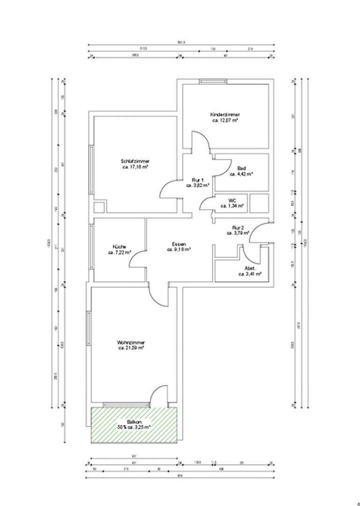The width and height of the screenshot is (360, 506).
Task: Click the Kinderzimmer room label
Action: tap(225, 114)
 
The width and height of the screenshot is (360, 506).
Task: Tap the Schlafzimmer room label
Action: tap(135, 162)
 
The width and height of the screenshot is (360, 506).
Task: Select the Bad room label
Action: tap(242, 169)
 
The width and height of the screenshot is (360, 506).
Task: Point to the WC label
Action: tap(231, 201)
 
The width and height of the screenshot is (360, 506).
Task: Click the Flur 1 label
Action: tap(198, 180)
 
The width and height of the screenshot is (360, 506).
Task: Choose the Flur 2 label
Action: tap(239, 227)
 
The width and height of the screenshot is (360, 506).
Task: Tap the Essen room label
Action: tap(179, 244)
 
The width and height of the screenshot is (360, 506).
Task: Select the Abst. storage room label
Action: tap(249, 268)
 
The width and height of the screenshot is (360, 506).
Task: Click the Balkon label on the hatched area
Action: tap(134, 422)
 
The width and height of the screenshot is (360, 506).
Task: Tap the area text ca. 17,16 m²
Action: tap(135, 167)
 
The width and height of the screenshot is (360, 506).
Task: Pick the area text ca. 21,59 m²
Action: tap(130, 348)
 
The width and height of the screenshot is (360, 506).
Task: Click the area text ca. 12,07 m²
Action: tap(225, 120)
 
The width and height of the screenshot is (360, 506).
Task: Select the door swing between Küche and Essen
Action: tap(137, 260)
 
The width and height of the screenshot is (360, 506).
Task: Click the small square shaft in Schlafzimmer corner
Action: tap(99, 207)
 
